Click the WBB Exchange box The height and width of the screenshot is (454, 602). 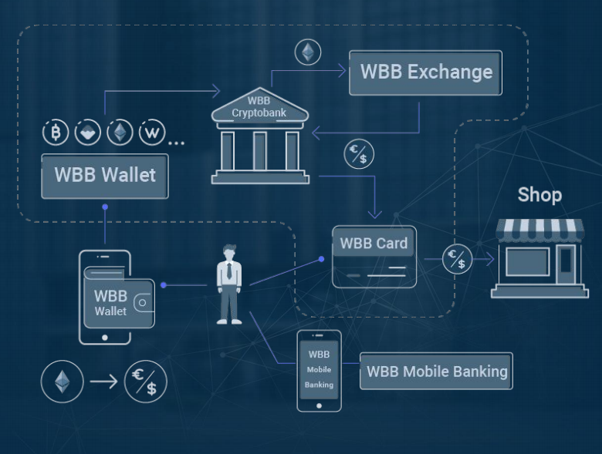[425, 72]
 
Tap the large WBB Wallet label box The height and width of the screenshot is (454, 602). [105, 177]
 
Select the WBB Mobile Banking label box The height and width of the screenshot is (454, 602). [436, 372]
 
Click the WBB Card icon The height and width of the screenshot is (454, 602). [374, 257]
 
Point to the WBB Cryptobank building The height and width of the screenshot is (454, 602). [260, 136]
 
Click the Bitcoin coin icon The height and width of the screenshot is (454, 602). [56, 133]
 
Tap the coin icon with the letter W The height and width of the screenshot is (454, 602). [152, 133]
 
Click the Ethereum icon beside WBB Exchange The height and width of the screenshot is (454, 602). [308, 52]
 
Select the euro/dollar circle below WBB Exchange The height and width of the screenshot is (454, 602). [359, 153]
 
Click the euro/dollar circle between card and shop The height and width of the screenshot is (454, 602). [457, 259]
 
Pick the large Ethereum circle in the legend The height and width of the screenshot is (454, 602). [63, 382]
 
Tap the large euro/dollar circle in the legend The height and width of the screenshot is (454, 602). [146, 382]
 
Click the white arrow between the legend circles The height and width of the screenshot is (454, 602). [103, 382]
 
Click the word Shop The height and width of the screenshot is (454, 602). [539, 195]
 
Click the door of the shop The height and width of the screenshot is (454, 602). [566, 265]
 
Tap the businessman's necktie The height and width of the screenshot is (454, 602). [229, 271]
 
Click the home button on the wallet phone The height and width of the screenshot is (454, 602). [105, 338]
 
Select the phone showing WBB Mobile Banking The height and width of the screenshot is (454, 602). [319, 371]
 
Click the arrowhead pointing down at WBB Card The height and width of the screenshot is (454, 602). [375, 214]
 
